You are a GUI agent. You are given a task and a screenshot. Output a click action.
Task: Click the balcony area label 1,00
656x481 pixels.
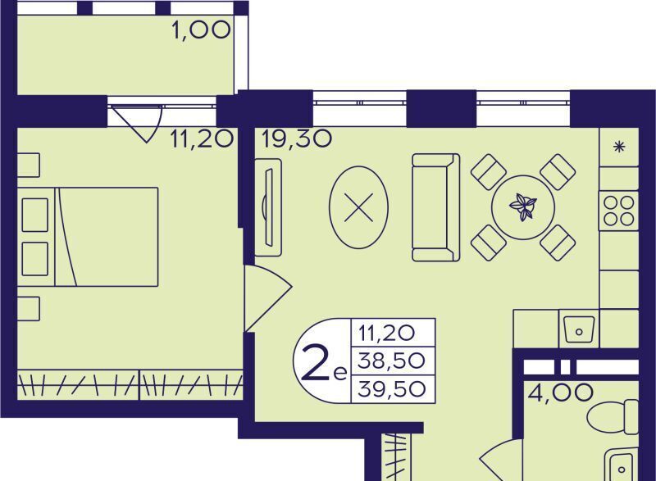[x=201, y=30]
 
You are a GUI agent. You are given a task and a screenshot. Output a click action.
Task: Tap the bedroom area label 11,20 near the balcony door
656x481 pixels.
[x=201, y=138]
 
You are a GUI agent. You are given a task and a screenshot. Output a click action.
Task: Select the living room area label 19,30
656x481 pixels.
[x=297, y=138]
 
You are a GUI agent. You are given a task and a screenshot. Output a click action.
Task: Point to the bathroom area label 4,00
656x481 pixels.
[x=560, y=393]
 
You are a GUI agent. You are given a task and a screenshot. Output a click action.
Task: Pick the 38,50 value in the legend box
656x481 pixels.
[x=392, y=361]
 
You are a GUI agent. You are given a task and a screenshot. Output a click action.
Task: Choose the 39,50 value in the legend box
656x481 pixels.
[x=392, y=389]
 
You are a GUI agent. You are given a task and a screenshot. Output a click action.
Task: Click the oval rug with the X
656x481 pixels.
[x=359, y=207]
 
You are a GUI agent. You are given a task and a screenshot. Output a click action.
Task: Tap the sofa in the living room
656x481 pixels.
[x=436, y=207]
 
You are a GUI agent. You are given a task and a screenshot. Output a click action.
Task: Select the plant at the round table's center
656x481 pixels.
[x=523, y=206]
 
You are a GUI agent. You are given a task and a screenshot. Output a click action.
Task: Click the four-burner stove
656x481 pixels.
[x=619, y=211]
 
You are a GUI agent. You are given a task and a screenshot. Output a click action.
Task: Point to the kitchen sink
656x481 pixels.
[x=579, y=329]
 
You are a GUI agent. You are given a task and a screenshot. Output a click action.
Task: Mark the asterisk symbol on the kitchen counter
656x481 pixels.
[x=619, y=147]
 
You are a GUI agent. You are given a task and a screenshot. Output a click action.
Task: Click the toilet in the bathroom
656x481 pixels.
[x=613, y=417]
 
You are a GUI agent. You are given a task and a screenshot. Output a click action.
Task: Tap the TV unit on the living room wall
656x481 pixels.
[x=268, y=207]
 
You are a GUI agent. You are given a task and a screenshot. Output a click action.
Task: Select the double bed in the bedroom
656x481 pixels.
[x=88, y=237]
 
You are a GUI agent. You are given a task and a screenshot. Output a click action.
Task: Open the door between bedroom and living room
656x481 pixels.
[x=268, y=298]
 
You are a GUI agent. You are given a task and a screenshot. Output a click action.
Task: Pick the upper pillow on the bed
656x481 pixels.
[x=34, y=215]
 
